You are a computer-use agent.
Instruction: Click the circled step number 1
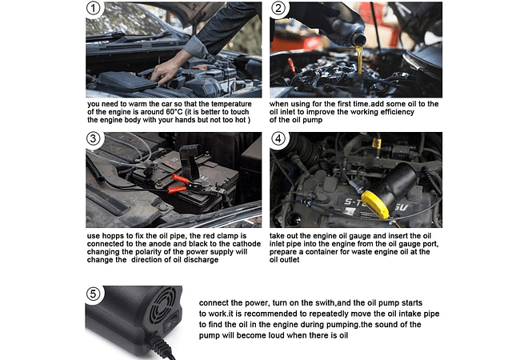[94, 9]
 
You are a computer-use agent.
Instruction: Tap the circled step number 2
[278, 9]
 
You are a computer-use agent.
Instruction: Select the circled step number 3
[94, 138]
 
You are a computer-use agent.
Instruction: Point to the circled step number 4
[278, 138]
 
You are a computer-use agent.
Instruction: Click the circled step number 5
[94, 294]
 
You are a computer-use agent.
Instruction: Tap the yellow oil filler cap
[375, 204]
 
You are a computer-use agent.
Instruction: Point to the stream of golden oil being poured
[360, 60]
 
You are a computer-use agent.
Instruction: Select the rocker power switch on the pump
[170, 322]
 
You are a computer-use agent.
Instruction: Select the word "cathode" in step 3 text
[247, 244]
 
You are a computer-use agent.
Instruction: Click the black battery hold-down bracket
[190, 162]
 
